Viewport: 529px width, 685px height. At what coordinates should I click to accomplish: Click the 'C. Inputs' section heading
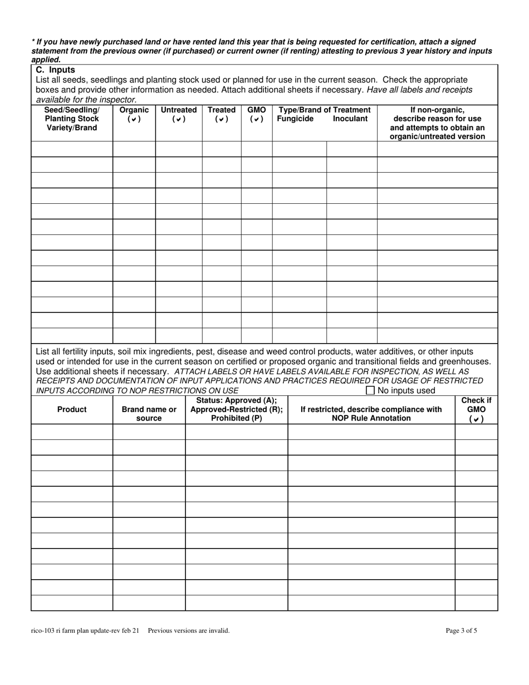pyautogui.click(x=55, y=70)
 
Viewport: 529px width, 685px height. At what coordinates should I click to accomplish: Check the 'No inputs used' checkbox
pyautogui.click(x=370, y=390)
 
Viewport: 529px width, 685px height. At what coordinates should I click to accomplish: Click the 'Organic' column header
pyautogui.click(x=134, y=110)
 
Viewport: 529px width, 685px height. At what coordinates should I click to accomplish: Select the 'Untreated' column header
pyautogui.click(x=179, y=110)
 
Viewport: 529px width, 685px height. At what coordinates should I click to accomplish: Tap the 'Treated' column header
pyautogui.click(x=222, y=110)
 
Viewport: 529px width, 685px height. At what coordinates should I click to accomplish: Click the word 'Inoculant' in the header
pyautogui.click(x=350, y=119)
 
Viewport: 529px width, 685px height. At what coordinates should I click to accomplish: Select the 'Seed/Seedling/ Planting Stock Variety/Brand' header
pyautogui.click(x=72, y=119)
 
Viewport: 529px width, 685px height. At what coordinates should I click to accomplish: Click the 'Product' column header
pyautogui.click(x=72, y=409)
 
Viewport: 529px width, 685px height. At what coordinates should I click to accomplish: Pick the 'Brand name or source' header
pyautogui.click(x=149, y=414)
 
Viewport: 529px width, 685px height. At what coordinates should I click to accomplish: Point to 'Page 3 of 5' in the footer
pyautogui.click(x=461, y=631)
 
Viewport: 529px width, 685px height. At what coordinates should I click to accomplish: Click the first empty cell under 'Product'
pyautogui.click(x=72, y=432)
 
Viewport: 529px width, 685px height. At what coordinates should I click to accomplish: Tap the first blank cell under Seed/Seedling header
pyautogui.click(x=72, y=149)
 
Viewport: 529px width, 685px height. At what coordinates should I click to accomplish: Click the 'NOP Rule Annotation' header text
pyautogui.click(x=371, y=418)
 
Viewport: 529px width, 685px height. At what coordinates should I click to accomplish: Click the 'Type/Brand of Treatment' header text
pyautogui.click(x=325, y=110)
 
